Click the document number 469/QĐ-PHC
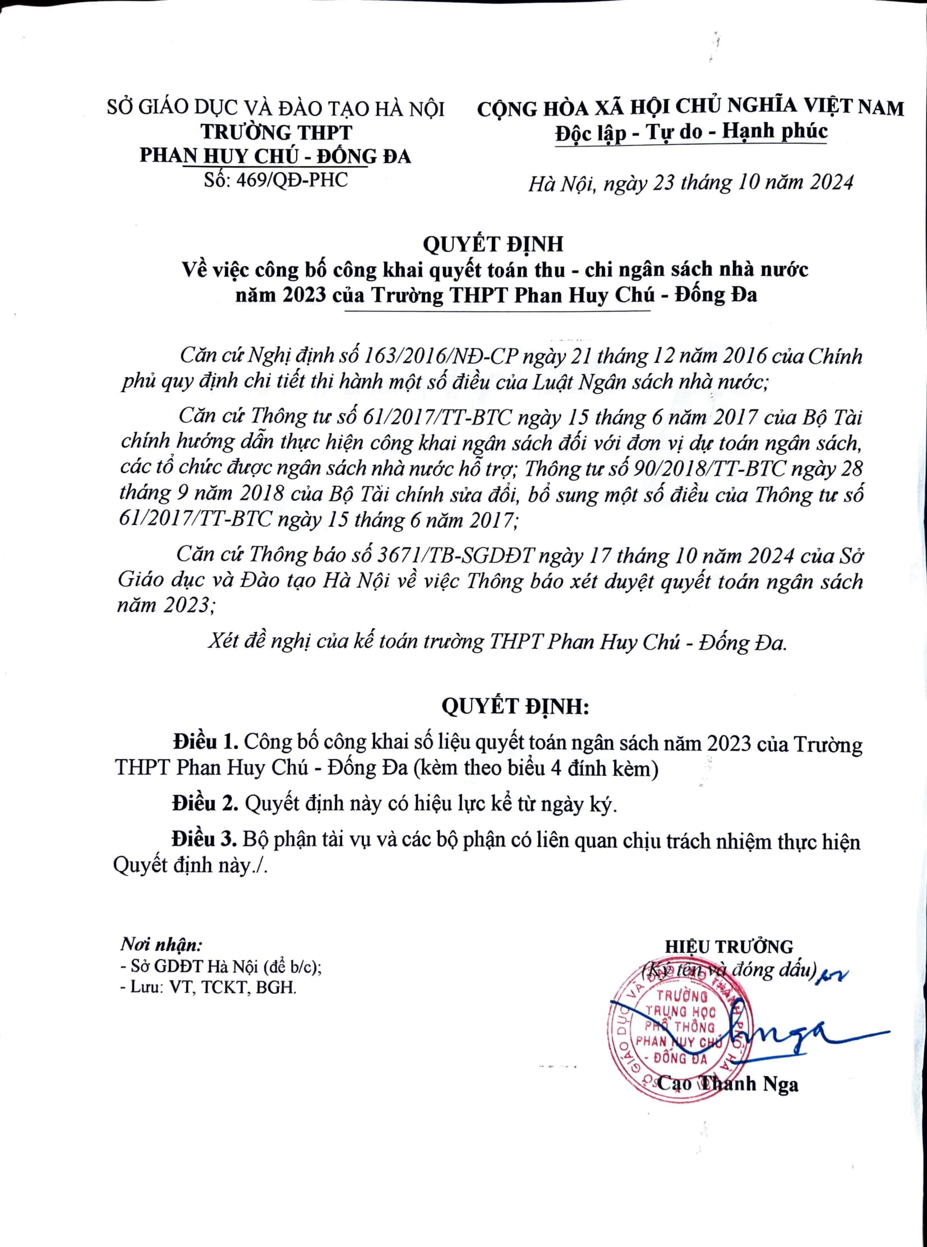(292, 181)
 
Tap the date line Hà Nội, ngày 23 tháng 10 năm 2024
(690, 183)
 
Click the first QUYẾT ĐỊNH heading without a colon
(493, 245)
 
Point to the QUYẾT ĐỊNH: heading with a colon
(515, 706)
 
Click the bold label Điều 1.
(206, 743)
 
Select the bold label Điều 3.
(205, 840)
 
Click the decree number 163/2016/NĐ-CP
(442, 357)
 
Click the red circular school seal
(679, 1033)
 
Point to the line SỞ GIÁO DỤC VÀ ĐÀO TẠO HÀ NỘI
(275, 108)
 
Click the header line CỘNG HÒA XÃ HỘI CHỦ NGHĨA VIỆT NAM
(690, 108)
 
